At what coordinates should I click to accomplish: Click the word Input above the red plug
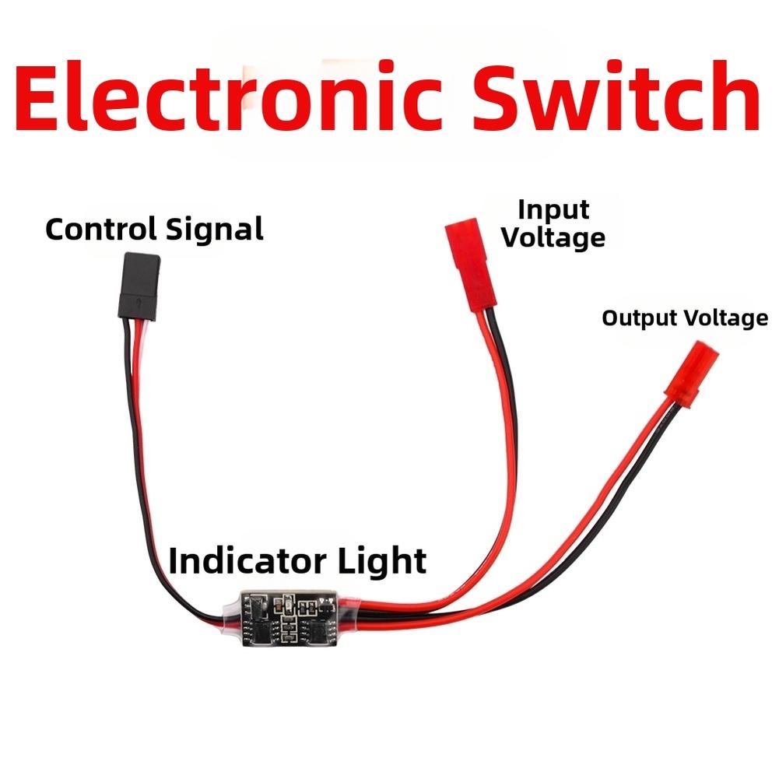(x=553, y=210)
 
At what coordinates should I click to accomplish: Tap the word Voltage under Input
(x=553, y=237)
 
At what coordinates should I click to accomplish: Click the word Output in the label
(x=640, y=318)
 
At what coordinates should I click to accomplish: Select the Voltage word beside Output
(x=725, y=318)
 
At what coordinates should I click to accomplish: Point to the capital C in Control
(x=55, y=230)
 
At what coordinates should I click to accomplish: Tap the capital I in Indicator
(x=173, y=560)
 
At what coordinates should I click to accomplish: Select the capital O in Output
(x=609, y=318)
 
